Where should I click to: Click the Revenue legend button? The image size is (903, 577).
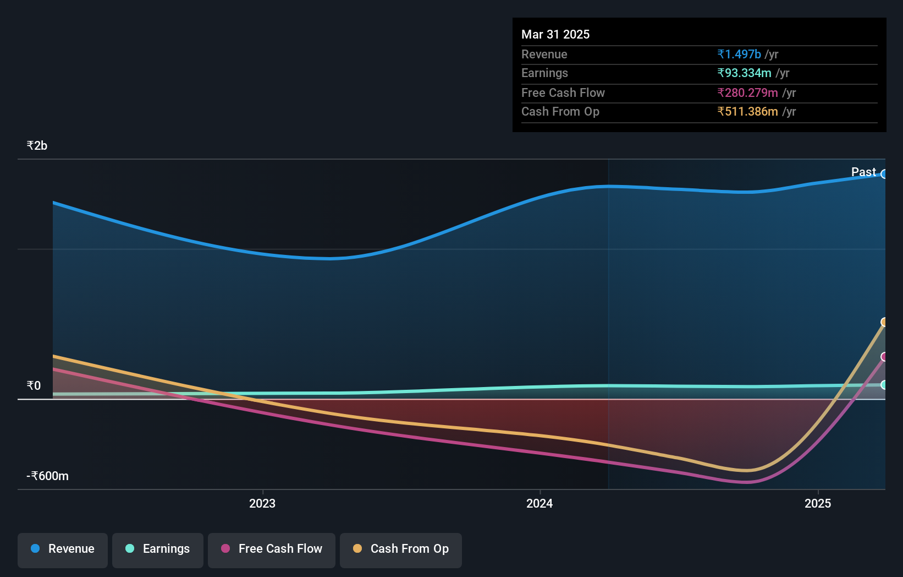click(x=63, y=549)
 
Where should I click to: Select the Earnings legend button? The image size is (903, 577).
click(x=158, y=549)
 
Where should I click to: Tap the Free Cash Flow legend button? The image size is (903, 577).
click(x=272, y=549)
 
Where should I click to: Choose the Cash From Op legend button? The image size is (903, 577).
click(x=401, y=549)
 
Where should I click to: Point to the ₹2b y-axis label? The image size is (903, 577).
click(x=37, y=146)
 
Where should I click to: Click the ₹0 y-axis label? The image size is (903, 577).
click(x=34, y=385)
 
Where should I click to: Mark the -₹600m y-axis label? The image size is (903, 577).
click(x=47, y=476)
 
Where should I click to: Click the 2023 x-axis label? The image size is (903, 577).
click(x=262, y=504)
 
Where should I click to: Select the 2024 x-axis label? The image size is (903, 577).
click(x=539, y=504)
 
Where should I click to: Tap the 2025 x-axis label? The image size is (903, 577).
click(x=818, y=504)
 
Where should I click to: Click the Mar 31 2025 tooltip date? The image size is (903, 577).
click(x=555, y=35)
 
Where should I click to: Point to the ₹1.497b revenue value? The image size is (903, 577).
click(x=739, y=55)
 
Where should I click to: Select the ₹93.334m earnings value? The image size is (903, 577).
click(x=744, y=73)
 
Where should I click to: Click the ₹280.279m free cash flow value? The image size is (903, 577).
click(x=747, y=93)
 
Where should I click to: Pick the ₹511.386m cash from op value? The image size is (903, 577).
click(x=747, y=112)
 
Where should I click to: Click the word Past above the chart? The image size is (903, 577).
click(x=863, y=172)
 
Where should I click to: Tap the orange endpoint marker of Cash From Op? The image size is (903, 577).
click(x=884, y=322)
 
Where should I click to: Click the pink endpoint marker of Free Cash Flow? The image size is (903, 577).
click(x=884, y=357)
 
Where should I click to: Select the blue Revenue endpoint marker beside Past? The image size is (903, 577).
click(x=884, y=175)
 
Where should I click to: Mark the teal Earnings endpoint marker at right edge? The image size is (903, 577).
click(x=884, y=385)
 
